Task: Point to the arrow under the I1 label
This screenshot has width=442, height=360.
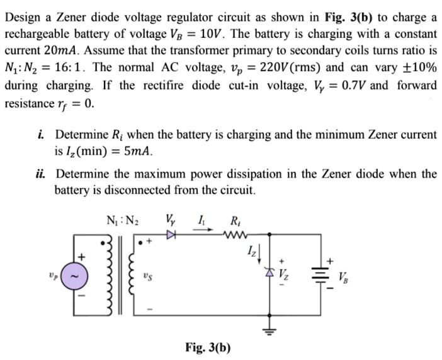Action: pos(203,230)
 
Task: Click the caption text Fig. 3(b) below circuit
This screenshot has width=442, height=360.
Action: pos(208,347)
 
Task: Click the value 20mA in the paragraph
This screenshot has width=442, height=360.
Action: pos(62,51)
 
